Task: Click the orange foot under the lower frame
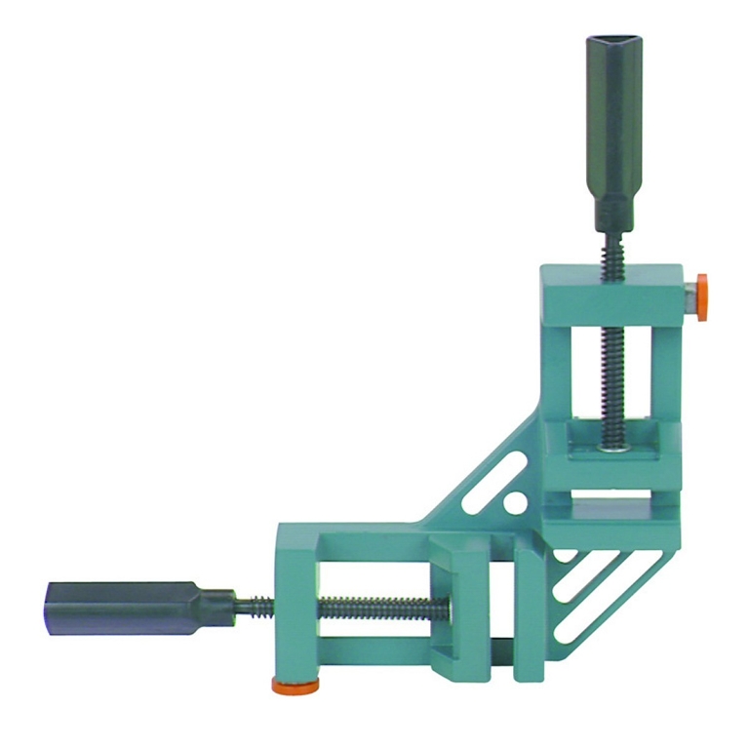[296, 688]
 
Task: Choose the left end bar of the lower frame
[296, 605]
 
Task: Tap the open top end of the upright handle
[611, 46]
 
